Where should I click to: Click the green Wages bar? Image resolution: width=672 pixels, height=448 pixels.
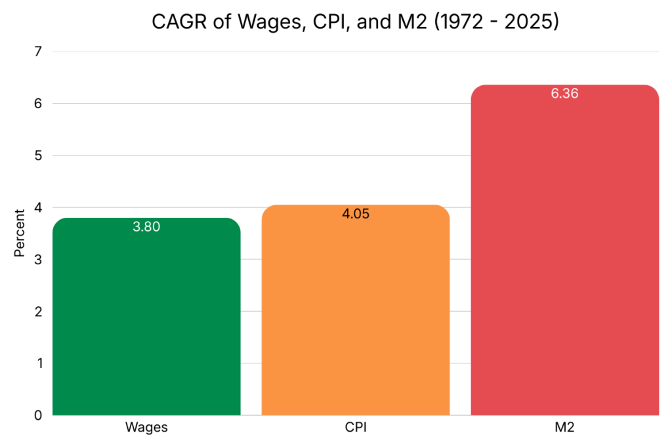coord(146,321)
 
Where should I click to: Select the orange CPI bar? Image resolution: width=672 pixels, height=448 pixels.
coord(355,315)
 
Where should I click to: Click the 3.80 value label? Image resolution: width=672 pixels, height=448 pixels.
coord(146,228)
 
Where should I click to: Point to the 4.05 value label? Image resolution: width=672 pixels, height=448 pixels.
coord(356,214)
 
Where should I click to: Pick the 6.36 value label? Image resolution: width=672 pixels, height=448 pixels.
coord(564,94)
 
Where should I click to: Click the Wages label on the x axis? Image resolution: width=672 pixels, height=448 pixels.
coord(146,428)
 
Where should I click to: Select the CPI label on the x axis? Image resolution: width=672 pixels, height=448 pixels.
coord(356,428)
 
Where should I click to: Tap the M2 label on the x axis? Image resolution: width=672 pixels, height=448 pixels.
coord(564,428)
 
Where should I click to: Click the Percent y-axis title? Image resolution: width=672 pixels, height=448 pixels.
coord(20,233)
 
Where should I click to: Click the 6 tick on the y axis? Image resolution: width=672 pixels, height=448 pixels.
coord(39,103)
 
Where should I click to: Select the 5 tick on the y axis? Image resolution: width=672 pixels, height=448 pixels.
coord(39,155)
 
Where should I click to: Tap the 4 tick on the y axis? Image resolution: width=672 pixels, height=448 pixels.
coord(39,207)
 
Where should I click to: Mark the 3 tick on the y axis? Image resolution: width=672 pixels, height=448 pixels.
coord(39,259)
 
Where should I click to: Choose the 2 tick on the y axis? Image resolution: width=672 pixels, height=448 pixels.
coord(39,312)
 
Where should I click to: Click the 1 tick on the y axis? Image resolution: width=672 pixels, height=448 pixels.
coord(39,363)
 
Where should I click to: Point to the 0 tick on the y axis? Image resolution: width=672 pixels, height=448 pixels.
coord(39,415)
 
